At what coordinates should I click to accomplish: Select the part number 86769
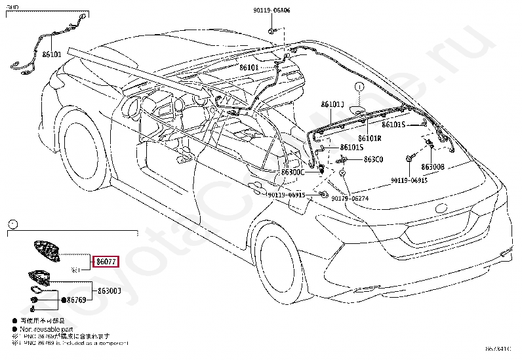coord(77,300)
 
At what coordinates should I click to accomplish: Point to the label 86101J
coord(333,104)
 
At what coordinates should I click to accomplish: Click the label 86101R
coord(370,138)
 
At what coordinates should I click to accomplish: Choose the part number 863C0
coord(373,159)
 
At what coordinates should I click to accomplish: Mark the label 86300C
coord(292,172)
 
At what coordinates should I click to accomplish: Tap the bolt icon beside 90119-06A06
coord(271,30)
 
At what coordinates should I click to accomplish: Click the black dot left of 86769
coord(64,300)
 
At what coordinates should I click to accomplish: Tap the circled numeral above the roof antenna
coord(359,87)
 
